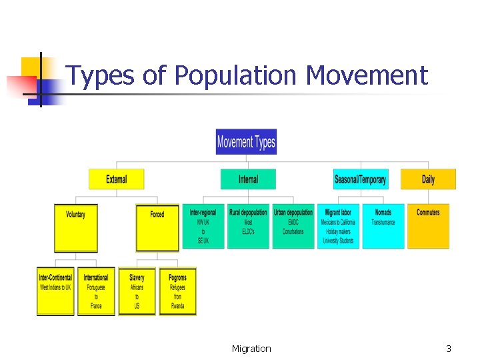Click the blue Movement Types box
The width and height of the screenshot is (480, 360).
tap(246, 141)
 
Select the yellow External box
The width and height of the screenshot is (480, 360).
tap(116, 179)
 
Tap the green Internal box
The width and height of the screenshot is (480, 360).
tap(248, 179)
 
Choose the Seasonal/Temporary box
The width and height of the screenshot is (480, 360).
tap(360, 179)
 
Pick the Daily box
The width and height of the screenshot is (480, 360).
tap(428, 179)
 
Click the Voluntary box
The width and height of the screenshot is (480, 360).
tap(75, 227)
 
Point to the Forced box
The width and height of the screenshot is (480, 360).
tap(157, 227)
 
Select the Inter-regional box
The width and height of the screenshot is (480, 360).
tap(203, 226)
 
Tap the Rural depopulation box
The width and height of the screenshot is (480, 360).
tap(248, 226)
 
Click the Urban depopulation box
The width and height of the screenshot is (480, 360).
tap(293, 226)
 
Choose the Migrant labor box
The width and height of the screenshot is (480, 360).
tap(338, 226)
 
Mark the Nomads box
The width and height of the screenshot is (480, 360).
tap(383, 226)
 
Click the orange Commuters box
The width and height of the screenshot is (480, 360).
tap(428, 226)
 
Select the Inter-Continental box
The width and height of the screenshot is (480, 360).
tap(55, 291)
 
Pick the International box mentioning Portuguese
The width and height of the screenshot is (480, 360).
tap(96, 291)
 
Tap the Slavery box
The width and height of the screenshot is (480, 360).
tap(137, 291)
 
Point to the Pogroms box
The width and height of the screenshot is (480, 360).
tap(177, 291)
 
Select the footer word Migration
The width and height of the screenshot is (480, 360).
tap(251, 349)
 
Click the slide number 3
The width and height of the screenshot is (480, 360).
tap(449, 349)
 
